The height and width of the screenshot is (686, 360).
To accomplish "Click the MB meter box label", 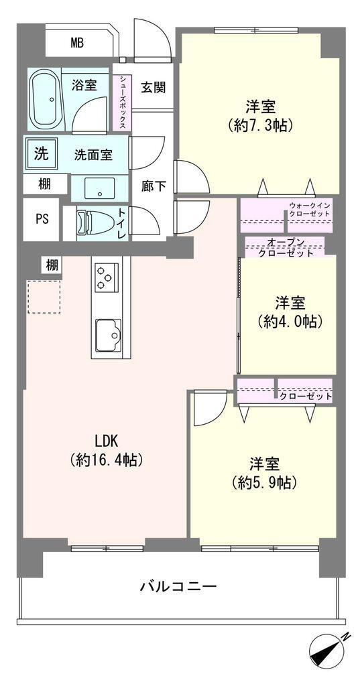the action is [x=78, y=43].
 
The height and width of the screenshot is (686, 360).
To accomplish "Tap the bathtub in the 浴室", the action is [x=47, y=99].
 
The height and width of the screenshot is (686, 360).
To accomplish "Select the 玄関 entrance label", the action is [x=154, y=87].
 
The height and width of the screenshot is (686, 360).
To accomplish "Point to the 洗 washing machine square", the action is [x=41, y=153].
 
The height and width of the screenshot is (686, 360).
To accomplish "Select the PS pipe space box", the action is [x=41, y=219].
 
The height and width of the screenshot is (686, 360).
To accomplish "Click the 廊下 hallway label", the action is [x=154, y=187].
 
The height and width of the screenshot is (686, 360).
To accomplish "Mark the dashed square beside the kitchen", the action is [x=44, y=297].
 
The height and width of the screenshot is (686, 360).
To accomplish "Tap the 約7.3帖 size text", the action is [x=259, y=125].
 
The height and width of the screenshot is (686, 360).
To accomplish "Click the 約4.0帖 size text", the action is [x=290, y=322].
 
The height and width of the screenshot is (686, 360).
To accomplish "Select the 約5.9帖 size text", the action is [x=265, y=482].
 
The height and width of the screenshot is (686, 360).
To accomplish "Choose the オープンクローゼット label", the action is [x=285, y=247].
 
